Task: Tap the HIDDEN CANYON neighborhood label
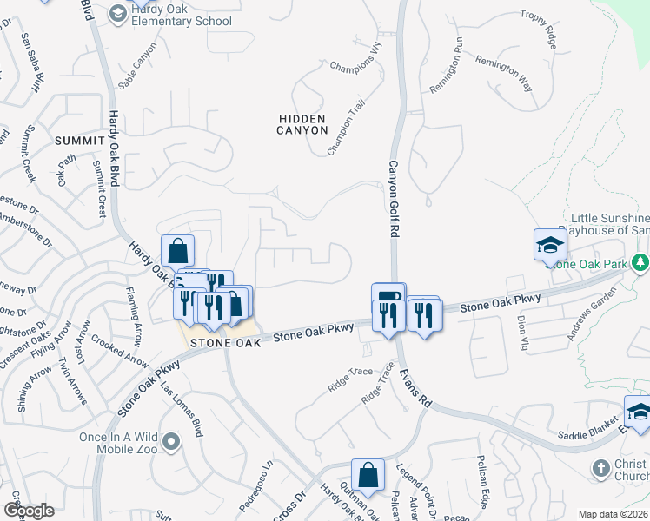coord(302,124)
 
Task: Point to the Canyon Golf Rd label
coord(393,200)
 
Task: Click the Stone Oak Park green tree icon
coord(640,260)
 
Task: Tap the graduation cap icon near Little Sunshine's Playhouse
coord(550,246)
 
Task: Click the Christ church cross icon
coord(600,469)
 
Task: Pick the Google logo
coord(28,511)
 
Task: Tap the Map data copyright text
coord(614,514)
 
